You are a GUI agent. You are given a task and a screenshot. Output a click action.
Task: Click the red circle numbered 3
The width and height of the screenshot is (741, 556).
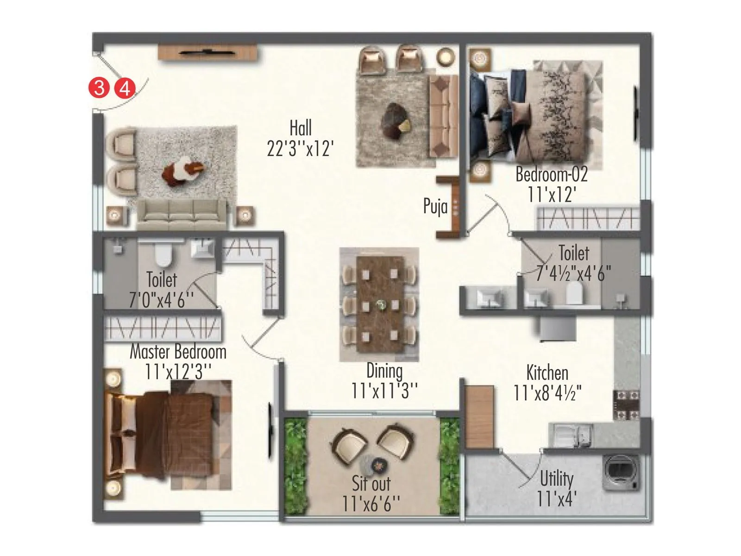click(x=98, y=88)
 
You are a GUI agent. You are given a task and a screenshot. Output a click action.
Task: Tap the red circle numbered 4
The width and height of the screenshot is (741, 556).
click(x=125, y=88)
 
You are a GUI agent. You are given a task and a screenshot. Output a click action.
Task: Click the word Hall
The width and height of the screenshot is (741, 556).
click(x=301, y=128)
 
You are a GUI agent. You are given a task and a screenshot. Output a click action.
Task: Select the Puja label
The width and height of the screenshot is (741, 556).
click(x=435, y=206)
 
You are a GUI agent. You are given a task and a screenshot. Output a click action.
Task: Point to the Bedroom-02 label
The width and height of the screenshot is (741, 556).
click(x=551, y=175)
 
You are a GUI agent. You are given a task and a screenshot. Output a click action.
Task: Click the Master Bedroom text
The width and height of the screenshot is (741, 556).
click(x=178, y=352)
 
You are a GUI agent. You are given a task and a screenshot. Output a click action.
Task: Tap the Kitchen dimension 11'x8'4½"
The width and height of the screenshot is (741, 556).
click(x=547, y=393)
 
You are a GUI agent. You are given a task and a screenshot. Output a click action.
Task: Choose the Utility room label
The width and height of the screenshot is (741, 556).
click(x=557, y=479)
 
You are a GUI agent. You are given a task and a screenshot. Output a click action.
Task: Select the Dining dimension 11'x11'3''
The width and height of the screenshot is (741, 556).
click(x=384, y=391)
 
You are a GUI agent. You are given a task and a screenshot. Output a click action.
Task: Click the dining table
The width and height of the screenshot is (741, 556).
click(x=379, y=304)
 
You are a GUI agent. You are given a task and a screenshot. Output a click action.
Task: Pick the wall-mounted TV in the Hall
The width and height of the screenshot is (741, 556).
click(x=207, y=53)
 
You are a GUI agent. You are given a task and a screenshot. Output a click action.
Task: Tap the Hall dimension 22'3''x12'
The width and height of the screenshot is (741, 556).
click(x=300, y=149)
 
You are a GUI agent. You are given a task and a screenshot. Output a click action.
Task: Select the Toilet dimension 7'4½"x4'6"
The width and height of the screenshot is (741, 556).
click(x=573, y=274)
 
